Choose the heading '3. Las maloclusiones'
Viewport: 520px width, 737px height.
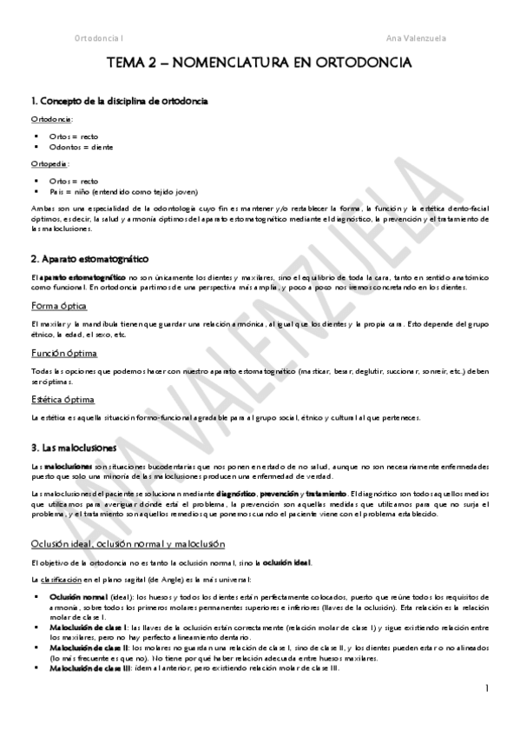(79, 448)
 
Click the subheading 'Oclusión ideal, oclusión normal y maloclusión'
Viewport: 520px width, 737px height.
(128, 544)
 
